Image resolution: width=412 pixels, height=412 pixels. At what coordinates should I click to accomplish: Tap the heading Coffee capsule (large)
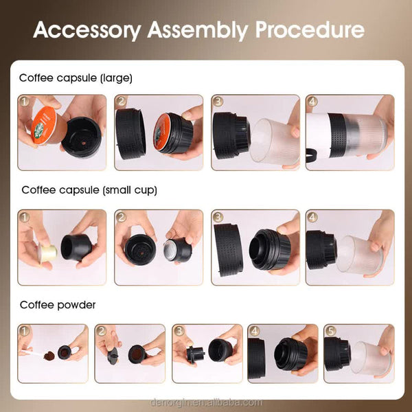coord(76,78)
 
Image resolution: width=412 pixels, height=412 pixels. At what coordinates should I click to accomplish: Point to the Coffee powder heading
coord(57,304)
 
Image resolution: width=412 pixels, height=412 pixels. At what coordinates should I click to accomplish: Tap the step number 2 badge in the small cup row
coord(123,218)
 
